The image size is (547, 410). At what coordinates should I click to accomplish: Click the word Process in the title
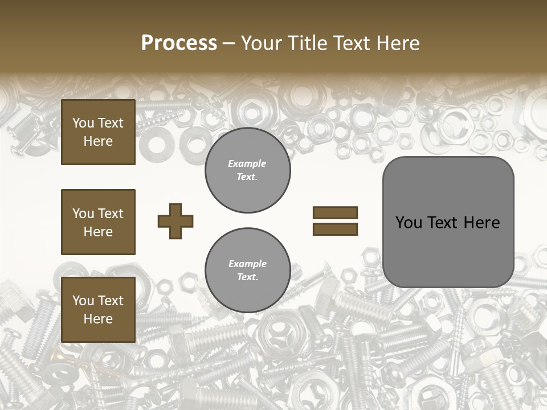tap(179, 43)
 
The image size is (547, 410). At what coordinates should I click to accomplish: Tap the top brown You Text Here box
tap(98, 132)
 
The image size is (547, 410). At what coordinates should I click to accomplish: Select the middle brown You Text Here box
tap(98, 222)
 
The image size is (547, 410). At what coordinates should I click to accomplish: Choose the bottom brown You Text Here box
tap(98, 310)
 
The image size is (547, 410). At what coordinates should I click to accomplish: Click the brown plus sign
tap(175, 221)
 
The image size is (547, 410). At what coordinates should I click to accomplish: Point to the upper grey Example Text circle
tap(247, 170)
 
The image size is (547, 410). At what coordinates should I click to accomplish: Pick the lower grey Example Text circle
tap(247, 270)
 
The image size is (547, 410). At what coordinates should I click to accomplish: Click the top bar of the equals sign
tap(335, 213)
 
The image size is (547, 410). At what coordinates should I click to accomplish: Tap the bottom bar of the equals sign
tap(335, 229)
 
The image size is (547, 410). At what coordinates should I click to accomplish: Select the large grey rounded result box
tap(448, 222)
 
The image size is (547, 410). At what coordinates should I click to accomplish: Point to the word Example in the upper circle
tap(247, 164)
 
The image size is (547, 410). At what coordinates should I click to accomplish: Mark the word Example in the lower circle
tap(247, 264)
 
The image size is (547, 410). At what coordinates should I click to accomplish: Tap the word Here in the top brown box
tap(98, 141)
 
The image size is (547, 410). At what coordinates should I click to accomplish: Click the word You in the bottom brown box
tap(83, 301)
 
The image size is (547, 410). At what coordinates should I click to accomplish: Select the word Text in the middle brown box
tap(111, 214)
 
